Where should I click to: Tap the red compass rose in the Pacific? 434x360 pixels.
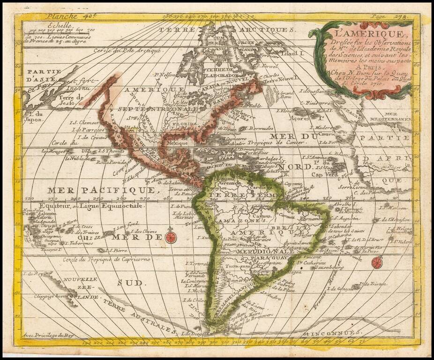[170, 238]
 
